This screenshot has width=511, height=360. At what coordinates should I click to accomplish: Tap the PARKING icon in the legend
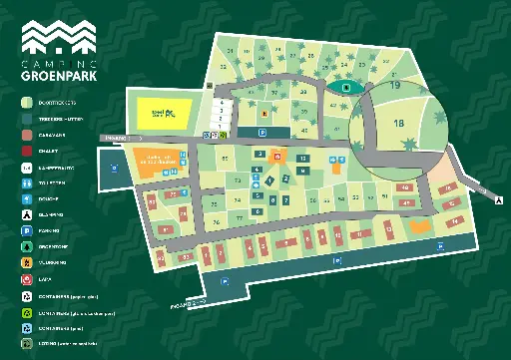(26, 231)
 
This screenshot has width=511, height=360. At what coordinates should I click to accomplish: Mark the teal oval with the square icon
(345, 88)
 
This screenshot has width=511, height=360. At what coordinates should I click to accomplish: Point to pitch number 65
(226, 159)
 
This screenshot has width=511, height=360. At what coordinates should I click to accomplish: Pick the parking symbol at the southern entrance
(227, 283)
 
